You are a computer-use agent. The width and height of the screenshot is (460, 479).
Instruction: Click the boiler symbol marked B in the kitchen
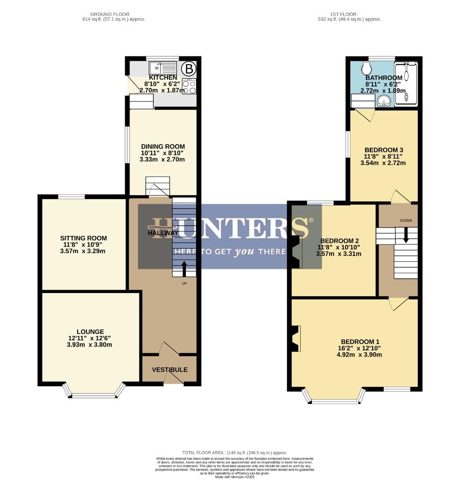coord(189,69)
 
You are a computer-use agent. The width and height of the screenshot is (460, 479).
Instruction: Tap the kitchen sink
coord(163,68)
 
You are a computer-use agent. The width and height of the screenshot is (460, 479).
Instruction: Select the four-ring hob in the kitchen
coord(189,86)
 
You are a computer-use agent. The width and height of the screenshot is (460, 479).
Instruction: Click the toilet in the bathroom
coord(366,68)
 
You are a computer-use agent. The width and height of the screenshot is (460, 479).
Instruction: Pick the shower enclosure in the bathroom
coord(406,84)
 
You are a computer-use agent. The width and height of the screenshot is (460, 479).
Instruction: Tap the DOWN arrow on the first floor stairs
coord(406,235)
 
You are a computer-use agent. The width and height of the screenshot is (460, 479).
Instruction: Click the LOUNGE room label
coord(90,331)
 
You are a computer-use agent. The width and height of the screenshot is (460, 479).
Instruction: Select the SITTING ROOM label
coord(83,238)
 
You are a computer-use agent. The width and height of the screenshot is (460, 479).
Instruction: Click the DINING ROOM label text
coord(163,146)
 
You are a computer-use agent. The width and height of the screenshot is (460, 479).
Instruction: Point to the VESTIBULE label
coord(169,369)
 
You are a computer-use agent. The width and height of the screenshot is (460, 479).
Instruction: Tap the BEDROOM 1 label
coord(360,342)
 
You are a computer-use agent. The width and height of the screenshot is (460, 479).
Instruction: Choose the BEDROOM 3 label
coord(383,150)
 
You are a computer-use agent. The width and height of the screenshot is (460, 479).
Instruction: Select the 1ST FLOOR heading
coord(349,14)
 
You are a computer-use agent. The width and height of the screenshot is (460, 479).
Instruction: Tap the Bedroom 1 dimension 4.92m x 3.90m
coord(360,354)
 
